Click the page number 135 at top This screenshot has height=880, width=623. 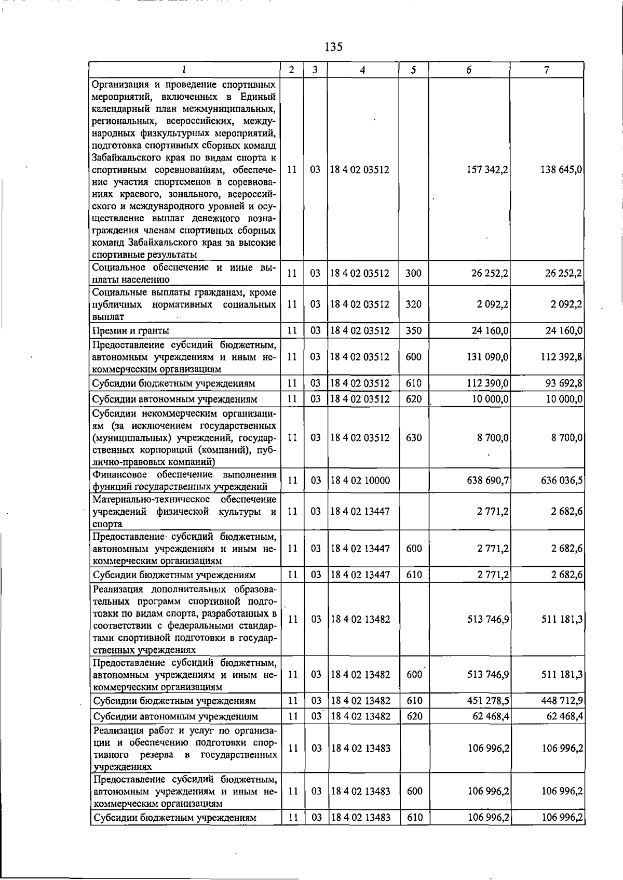(x=333, y=47)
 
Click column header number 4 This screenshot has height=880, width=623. (x=362, y=70)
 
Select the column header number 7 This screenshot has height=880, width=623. (x=547, y=70)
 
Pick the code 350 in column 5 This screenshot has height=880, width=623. (x=413, y=331)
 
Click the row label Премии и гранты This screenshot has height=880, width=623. (x=131, y=331)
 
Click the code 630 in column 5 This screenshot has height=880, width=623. (x=413, y=438)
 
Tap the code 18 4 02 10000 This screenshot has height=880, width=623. (x=360, y=481)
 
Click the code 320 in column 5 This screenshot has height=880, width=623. (x=413, y=304)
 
